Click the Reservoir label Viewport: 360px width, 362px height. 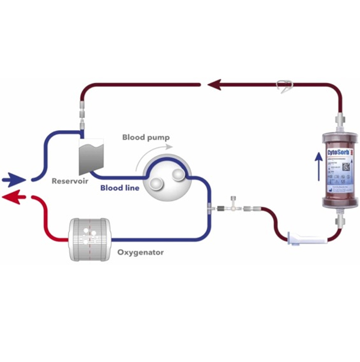click(x=70, y=181)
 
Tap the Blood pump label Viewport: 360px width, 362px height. click(x=146, y=137)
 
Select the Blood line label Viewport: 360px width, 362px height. click(x=119, y=188)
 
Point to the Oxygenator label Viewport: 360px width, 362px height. click(x=140, y=252)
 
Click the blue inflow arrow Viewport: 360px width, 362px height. click(x=14, y=179)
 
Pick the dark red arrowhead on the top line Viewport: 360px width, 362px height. click(x=214, y=84)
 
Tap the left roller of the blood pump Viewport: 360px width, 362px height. click(x=155, y=181)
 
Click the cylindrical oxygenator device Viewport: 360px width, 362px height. click(x=91, y=240)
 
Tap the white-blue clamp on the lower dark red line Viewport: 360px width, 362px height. click(x=307, y=238)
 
